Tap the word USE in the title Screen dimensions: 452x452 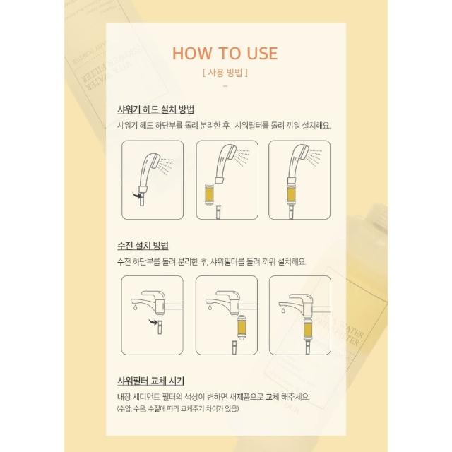262,54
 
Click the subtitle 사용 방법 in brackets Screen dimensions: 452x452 225,72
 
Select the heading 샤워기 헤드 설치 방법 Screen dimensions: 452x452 155,109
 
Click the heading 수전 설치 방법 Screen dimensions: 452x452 143,246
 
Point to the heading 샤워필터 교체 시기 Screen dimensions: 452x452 150,381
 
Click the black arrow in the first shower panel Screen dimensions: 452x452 138,195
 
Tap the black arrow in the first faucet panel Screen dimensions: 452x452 154,322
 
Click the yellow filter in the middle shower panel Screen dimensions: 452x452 209,194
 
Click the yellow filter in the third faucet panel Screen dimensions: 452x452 308,330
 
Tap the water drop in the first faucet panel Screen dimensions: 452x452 135,308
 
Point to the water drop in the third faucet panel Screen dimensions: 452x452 283,310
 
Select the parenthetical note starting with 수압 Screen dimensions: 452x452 178,409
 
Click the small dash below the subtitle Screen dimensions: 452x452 225,86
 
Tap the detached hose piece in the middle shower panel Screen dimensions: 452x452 219,212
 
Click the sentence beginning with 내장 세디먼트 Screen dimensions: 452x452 213,397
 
